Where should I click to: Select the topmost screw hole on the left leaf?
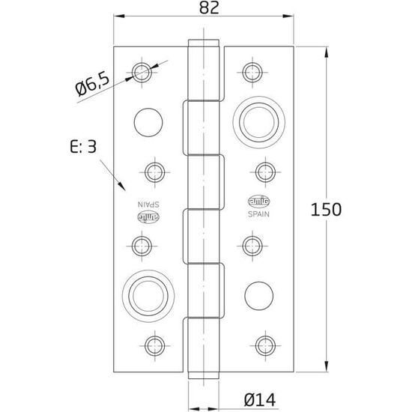(x=142, y=71)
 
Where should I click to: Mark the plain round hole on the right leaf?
(x=258, y=291)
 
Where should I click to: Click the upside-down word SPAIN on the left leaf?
(x=148, y=205)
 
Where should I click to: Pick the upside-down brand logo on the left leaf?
(x=148, y=218)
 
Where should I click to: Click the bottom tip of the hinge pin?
(x=204, y=379)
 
